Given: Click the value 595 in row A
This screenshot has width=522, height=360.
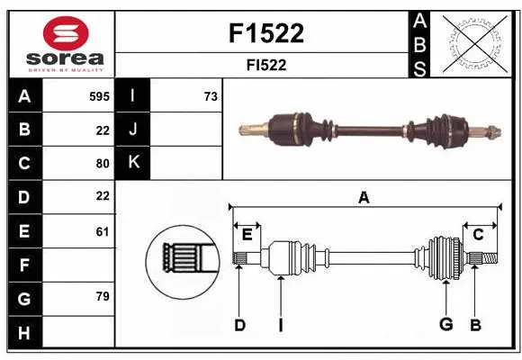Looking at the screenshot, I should [99, 96].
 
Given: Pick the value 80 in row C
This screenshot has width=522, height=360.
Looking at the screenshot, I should [103, 164].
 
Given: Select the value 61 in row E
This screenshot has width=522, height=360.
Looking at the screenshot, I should [103, 231].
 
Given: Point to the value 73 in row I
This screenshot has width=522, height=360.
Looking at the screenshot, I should [211, 96].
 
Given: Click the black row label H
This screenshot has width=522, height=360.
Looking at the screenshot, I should [24, 333].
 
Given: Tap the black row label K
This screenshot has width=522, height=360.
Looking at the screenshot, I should [134, 163].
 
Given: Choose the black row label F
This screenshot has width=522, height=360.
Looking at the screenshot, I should [24, 265].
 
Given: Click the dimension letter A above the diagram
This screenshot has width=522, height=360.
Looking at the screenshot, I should [364, 197].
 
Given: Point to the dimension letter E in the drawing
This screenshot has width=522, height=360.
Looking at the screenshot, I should [247, 235].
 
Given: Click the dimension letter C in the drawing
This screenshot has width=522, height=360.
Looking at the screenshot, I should [478, 235].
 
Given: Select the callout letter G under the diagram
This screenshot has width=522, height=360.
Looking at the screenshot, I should [445, 325].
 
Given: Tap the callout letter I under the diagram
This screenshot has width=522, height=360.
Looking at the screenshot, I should [280, 325].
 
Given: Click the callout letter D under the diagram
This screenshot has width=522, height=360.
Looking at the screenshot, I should [239, 325].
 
